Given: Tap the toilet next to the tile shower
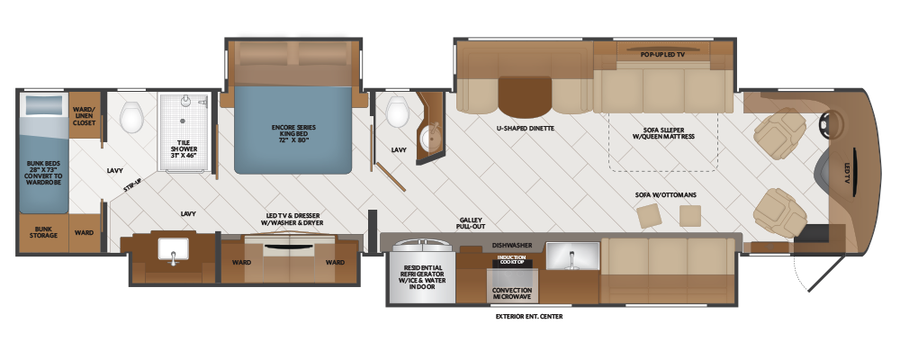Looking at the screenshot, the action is pos(132,117).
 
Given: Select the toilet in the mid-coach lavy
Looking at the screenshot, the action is pos(397,112).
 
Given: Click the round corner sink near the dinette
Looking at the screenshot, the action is pos(430,137).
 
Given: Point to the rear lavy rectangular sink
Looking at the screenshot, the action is pos(173,251).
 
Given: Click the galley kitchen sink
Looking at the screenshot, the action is pos(572,256).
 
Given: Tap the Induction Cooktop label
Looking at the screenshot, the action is pos(511,259).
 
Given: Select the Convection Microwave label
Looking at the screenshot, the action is pos(512,293).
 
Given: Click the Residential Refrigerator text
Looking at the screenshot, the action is pos(422,276).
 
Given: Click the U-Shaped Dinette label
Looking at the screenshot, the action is pos(526,128).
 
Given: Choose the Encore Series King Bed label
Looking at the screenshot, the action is pos(292,133).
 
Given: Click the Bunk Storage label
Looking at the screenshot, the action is pos(44,231).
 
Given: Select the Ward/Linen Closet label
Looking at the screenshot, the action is pos(84,116).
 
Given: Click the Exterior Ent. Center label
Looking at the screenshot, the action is pos(528,317).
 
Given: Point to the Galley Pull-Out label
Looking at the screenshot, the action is pos(472,223).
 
